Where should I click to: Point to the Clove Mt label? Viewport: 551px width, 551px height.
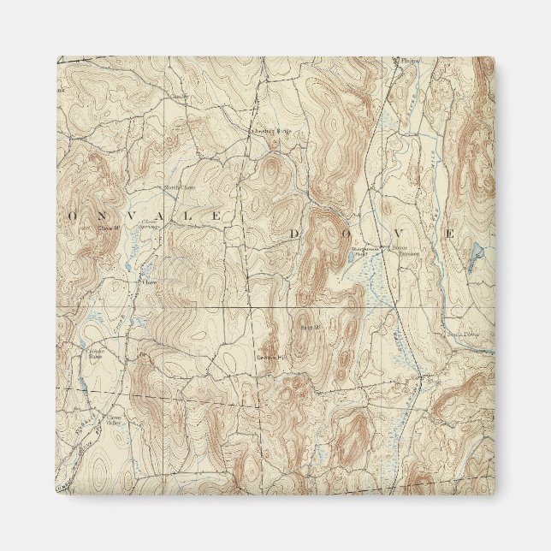107,228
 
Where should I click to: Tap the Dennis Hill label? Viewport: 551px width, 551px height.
270,357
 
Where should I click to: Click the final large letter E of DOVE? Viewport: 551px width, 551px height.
448,233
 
